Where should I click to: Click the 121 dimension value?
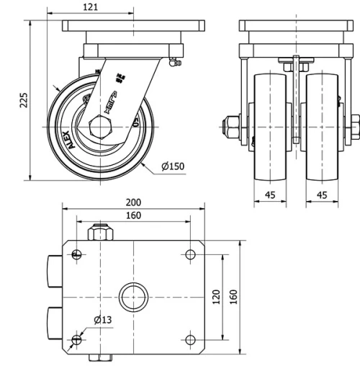tap(91, 7)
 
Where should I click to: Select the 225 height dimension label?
tap(24, 100)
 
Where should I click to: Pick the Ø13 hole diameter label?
tap(104, 321)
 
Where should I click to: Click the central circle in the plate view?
tap(133, 296)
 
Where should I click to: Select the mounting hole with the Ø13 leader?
tap(77, 339)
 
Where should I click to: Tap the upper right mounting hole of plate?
tap(190, 254)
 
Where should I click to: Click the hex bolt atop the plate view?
tap(98, 233)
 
